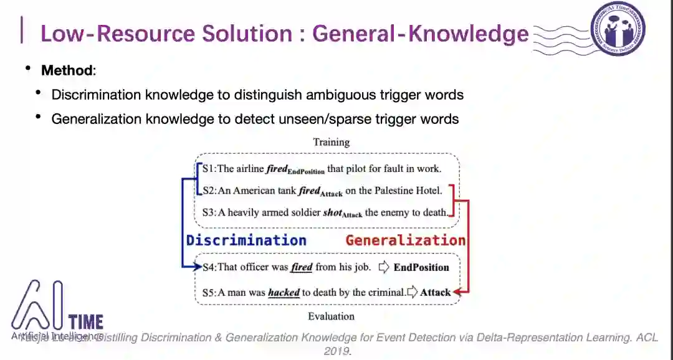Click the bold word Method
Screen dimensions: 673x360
[67, 70]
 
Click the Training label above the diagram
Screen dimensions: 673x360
[331, 142]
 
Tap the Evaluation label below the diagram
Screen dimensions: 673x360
[331, 316]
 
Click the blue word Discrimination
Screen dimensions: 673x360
[246, 240]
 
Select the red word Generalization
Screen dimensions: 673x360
[406, 240]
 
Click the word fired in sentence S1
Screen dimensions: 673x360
[276, 168]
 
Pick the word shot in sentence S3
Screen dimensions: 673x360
[332, 212]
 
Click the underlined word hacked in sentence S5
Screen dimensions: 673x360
[284, 292]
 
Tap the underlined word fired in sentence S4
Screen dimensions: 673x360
[302, 267]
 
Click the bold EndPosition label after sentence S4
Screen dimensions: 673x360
[421, 267]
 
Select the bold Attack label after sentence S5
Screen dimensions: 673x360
[435, 292]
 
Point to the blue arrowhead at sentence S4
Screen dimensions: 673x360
[198, 267]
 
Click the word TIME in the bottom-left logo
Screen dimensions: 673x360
[86, 322]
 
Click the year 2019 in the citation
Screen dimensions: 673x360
[337, 351]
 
